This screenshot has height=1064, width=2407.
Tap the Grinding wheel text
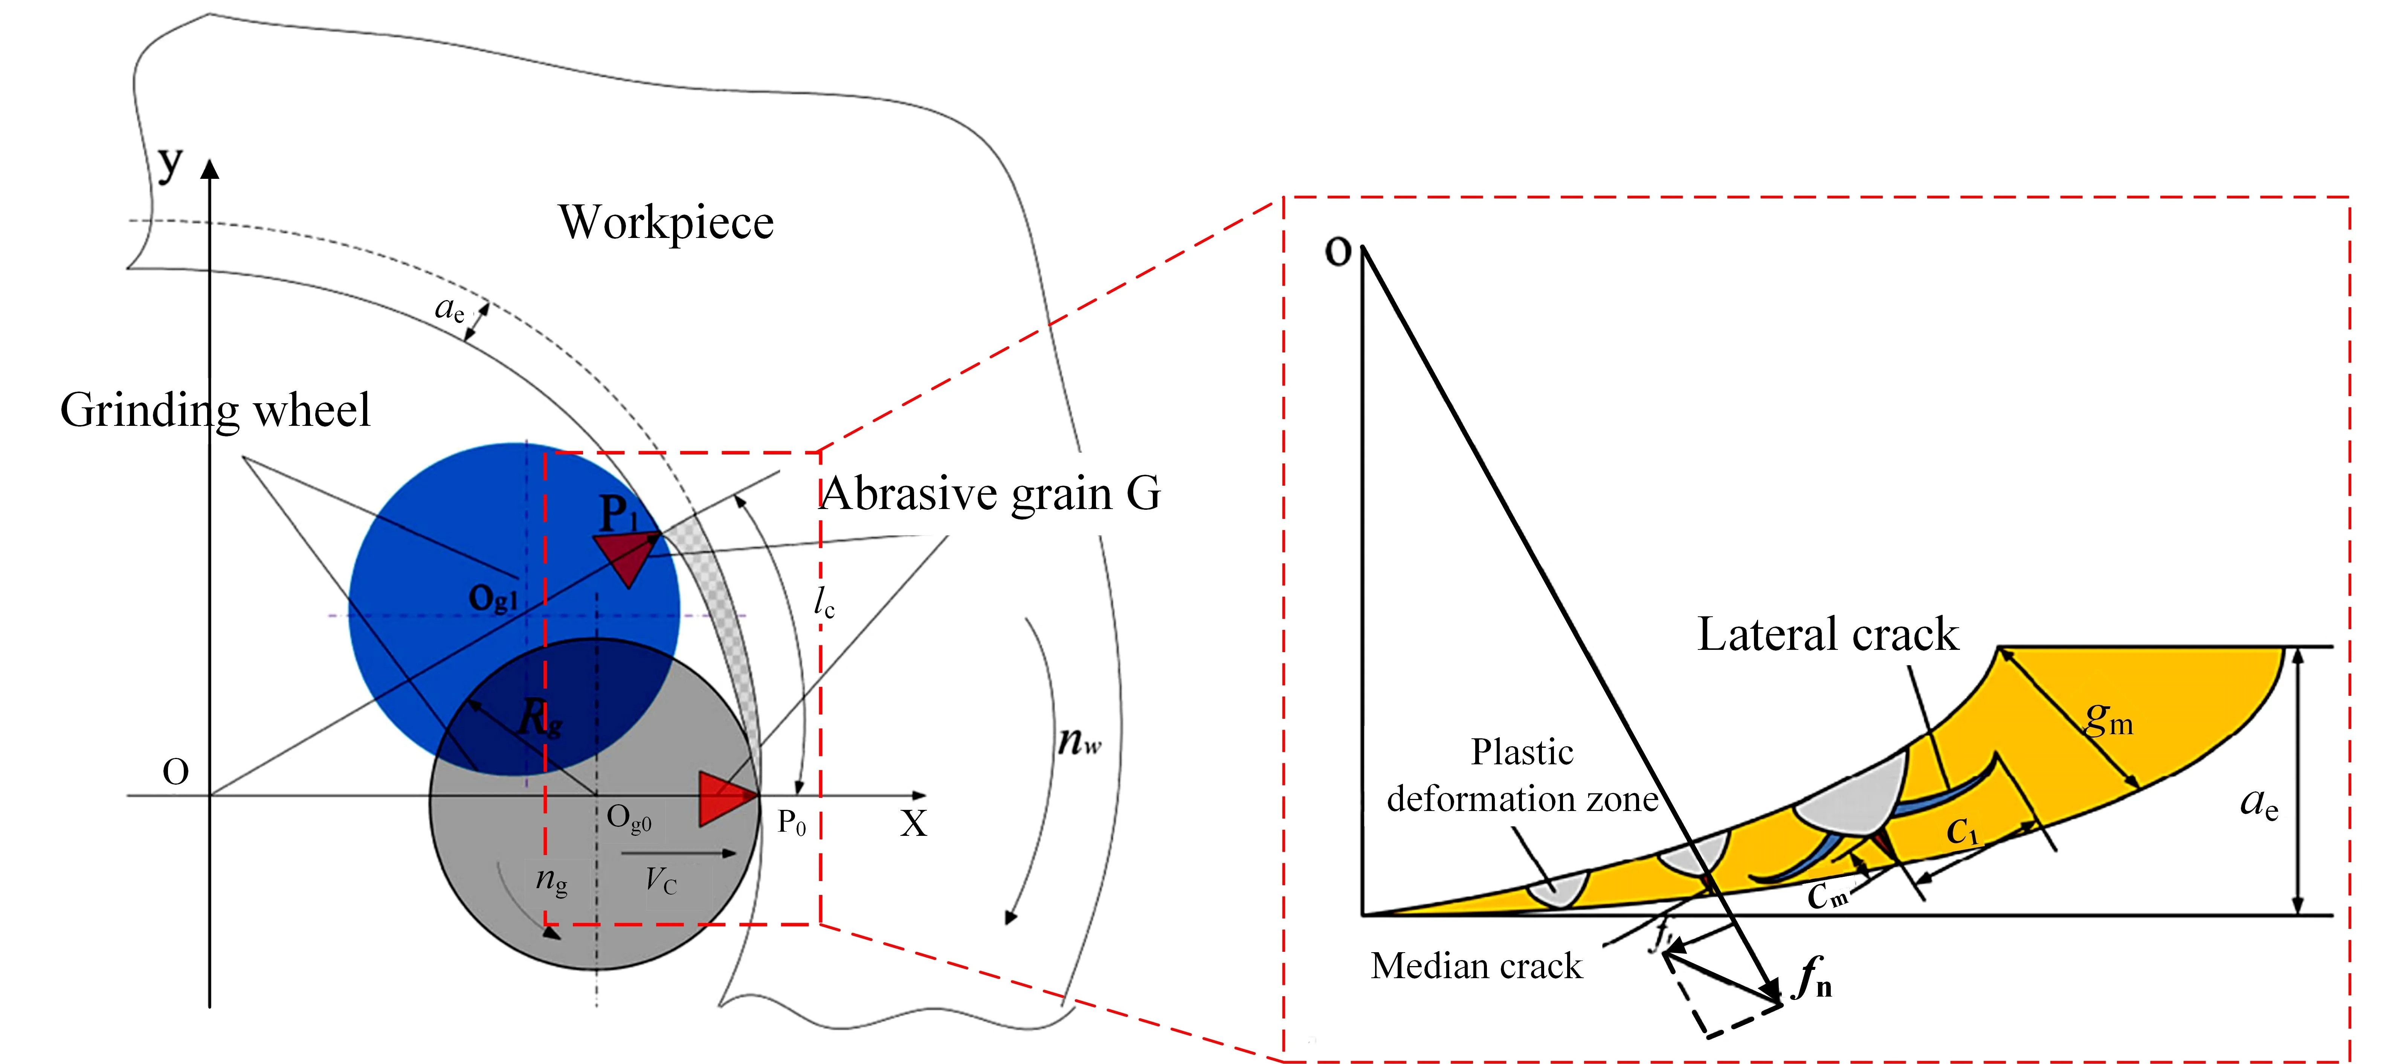pyautogui.click(x=215, y=410)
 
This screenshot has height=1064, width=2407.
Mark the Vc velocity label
pyautogui.click(x=661, y=880)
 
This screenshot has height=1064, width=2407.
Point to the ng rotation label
pyautogui.click(x=550, y=880)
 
